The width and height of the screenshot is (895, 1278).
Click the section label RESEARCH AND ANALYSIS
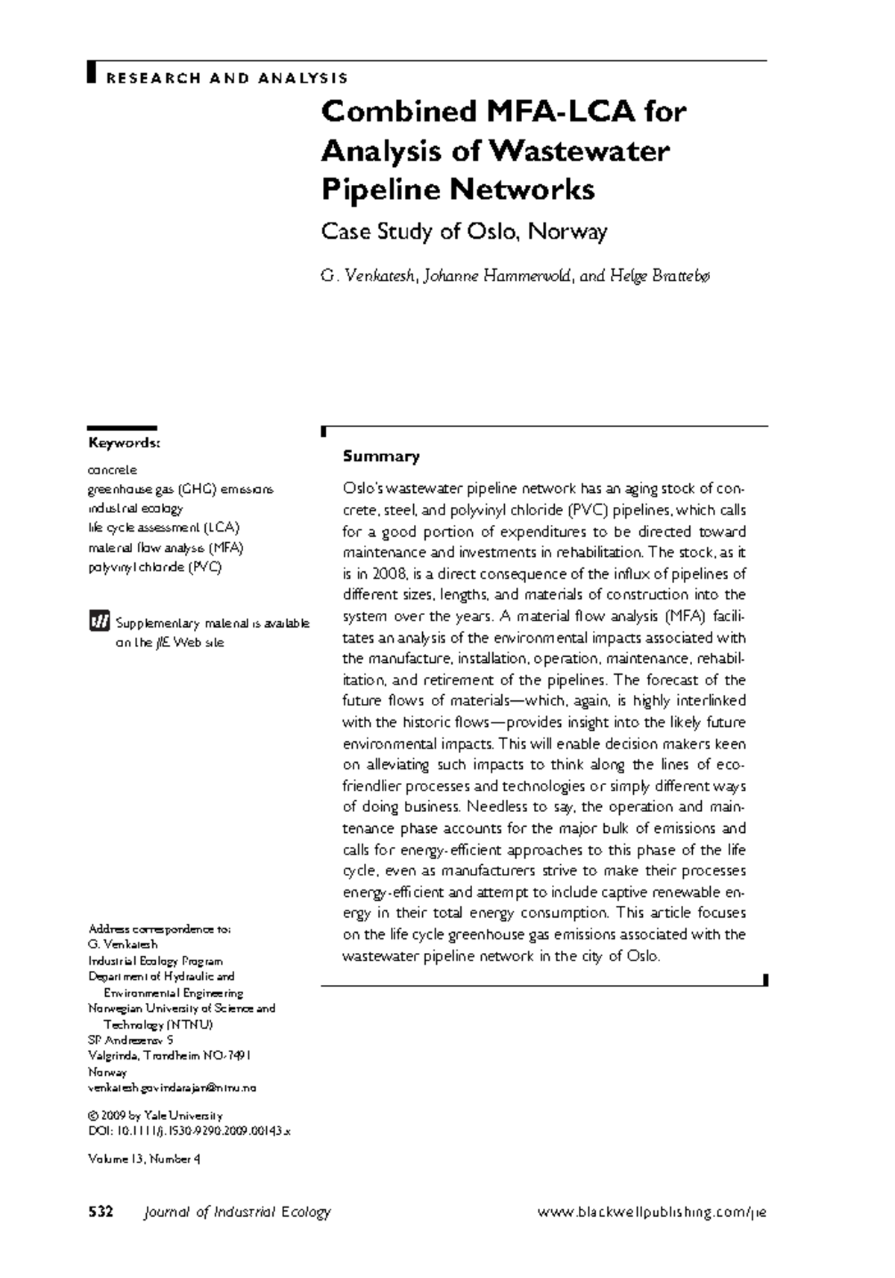226,78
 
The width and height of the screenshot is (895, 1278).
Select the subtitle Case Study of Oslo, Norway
464,232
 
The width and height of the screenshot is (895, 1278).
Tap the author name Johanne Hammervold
497,277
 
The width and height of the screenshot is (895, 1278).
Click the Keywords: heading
124,444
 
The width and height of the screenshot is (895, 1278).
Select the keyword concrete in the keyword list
113,470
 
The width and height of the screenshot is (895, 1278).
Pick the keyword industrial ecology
135,509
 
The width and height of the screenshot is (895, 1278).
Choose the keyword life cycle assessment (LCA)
163,528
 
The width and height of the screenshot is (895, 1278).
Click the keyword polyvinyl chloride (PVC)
154,567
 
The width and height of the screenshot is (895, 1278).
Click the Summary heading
380,456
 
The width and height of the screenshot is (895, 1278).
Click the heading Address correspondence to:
160,929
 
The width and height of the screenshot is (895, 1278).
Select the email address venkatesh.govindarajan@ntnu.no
172,1088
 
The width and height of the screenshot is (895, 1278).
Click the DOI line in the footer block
189,1131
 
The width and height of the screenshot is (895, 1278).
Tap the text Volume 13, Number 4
144,1159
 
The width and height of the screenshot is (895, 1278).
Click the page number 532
100,1212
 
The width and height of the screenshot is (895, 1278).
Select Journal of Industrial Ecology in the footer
236,1212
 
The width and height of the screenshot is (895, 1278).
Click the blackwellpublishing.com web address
651,1212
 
